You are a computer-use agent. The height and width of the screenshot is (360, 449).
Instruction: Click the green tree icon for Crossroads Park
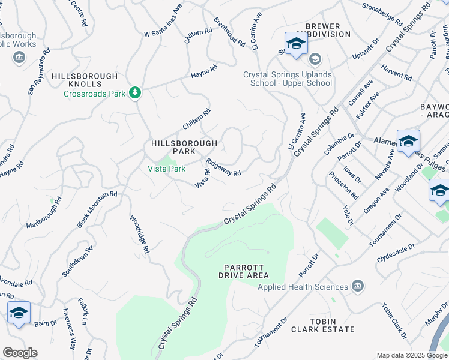pyautogui.click(x=136, y=92)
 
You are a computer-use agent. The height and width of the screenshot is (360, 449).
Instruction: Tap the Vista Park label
pyautogui.click(x=167, y=169)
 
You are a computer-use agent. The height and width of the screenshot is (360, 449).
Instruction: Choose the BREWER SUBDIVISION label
pyautogui.click(x=327, y=31)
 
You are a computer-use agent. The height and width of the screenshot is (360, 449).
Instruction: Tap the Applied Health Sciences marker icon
pyautogui.click(x=358, y=284)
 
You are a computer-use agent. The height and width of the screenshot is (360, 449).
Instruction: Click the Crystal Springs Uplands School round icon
pyautogui.click(x=315, y=59)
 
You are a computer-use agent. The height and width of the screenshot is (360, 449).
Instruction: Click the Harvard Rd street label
pyautogui.click(x=396, y=74)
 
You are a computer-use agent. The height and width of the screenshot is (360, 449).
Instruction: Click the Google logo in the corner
pyautogui.click(x=20, y=353)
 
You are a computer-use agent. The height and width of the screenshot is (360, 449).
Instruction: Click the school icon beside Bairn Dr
pyautogui.click(x=19, y=313)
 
